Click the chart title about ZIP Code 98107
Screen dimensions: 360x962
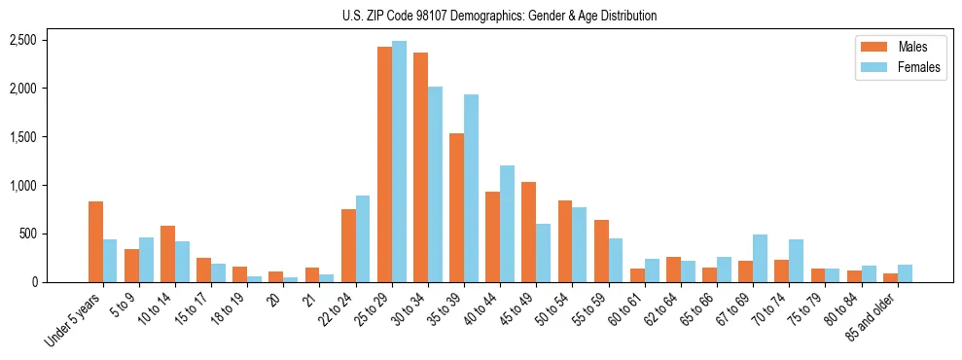coord(499,16)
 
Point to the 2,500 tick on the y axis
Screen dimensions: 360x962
coord(23,40)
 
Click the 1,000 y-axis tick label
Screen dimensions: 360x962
coord(23,185)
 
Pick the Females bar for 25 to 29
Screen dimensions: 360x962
coord(399,162)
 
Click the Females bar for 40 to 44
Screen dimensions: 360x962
coord(507,224)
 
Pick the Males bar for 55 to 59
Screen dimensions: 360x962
coord(601,251)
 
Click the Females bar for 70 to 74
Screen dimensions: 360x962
coord(796,261)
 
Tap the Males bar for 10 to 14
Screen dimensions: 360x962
coord(167,254)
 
